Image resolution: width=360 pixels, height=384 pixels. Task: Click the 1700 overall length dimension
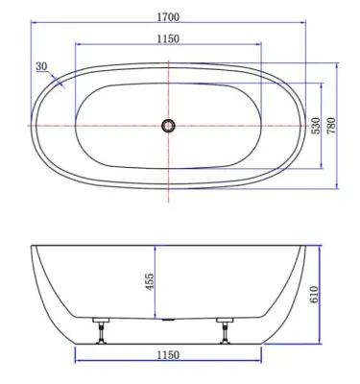coord(168,17)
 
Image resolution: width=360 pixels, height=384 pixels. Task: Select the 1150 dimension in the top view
coord(168,39)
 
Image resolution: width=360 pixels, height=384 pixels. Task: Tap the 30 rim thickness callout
coord(41,66)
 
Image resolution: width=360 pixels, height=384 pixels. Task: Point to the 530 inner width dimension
coord(316,126)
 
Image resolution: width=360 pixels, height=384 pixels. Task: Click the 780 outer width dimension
coord(331,126)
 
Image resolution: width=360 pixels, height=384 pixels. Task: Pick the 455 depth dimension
coord(150,282)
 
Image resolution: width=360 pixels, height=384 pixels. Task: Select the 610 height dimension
coord(314,295)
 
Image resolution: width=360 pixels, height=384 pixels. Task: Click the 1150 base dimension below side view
coord(168,355)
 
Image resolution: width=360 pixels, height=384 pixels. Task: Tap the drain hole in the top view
coord(168,126)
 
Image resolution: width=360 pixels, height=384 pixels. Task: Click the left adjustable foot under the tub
coord(101,331)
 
